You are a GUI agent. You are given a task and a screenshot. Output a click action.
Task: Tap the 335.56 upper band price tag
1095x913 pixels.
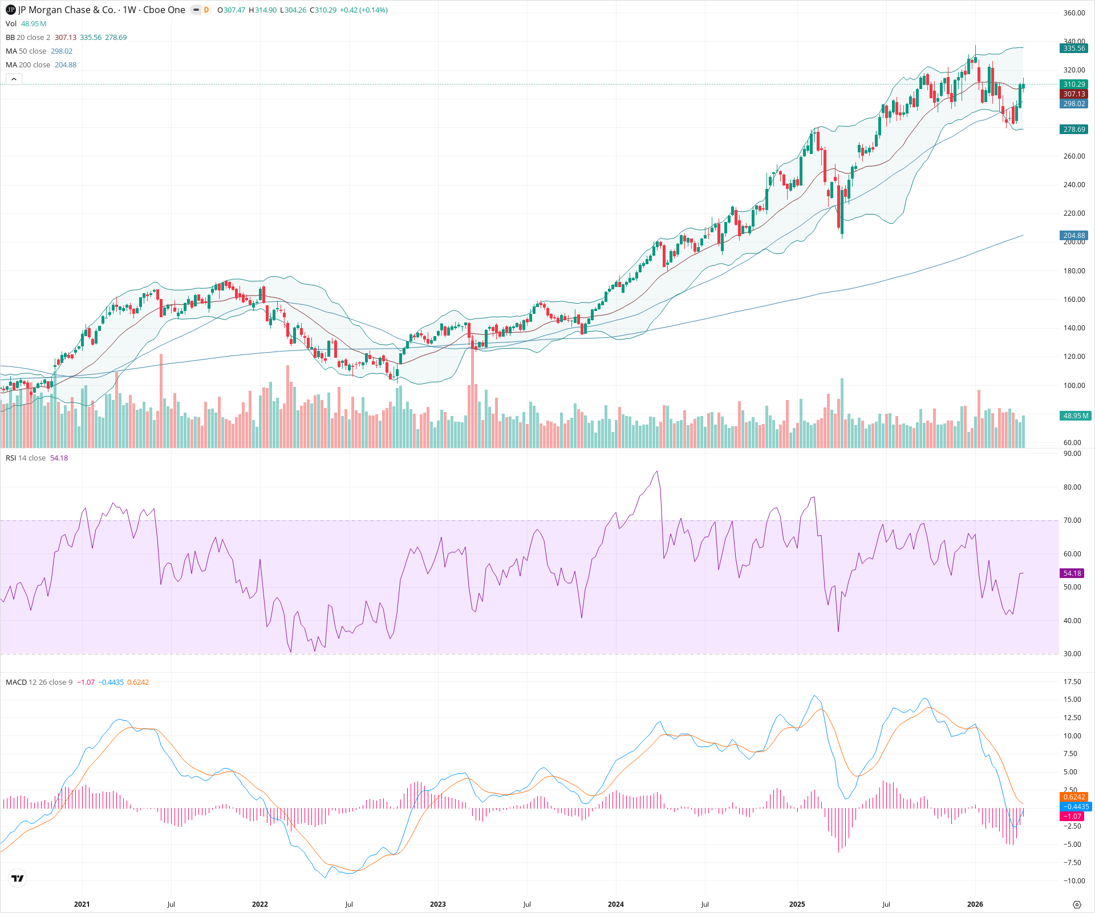click(1074, 49)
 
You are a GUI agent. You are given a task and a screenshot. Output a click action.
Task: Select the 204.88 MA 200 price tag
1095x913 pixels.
click(1074, 236)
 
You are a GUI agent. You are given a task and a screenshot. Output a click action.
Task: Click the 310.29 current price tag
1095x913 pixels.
click(1074, 84)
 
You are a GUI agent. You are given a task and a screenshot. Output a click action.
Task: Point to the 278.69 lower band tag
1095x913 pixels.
click(1074, 130)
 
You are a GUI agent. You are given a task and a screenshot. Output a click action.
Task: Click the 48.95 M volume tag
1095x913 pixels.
click(1074, 416)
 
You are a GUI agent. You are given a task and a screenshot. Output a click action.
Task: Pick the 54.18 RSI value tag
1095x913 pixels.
click(1072, 573)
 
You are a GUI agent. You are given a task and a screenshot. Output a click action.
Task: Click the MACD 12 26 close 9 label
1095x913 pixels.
click(39, 682)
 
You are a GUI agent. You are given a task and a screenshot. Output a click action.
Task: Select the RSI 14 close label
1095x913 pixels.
click(26, 458)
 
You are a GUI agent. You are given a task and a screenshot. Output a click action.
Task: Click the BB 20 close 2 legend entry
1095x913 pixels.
click(28, 38)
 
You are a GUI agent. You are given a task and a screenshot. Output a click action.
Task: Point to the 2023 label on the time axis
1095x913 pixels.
click(438, 904)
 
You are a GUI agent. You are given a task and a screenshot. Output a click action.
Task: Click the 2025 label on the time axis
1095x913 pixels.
click(797, 904)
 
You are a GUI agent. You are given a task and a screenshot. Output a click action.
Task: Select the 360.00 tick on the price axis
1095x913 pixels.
click(1074, 13)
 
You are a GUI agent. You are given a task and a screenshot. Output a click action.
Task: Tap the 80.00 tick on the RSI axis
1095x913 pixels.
click(1072, 487)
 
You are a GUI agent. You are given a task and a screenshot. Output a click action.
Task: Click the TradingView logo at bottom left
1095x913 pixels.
click(18, 878)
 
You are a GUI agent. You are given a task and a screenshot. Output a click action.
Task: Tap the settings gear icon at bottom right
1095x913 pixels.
click(1077, 904)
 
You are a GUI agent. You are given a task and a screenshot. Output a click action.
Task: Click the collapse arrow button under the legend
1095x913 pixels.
click(14, 79)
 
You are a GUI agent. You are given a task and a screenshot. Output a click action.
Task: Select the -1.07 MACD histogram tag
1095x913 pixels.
click(1071, 817)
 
